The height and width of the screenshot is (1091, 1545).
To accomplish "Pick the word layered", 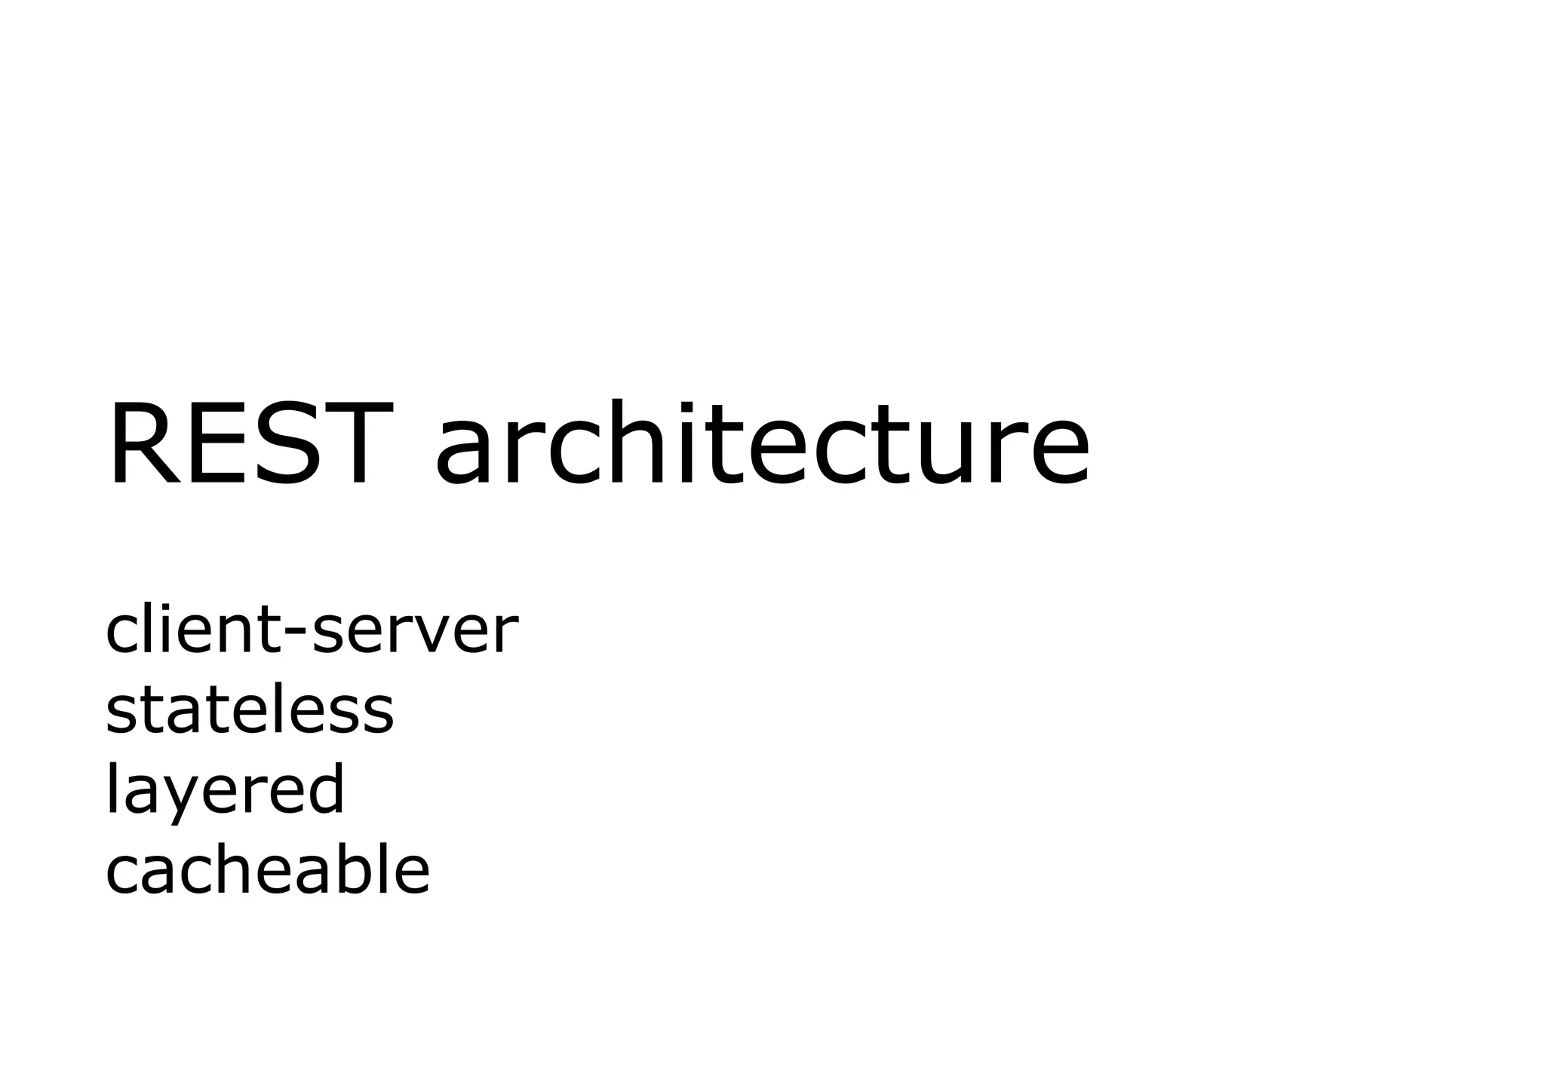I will [x=225, y=792].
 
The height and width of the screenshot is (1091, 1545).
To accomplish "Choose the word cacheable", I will [x=267, y=870].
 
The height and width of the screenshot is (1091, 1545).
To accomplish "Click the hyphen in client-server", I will [x=296, y=633].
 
